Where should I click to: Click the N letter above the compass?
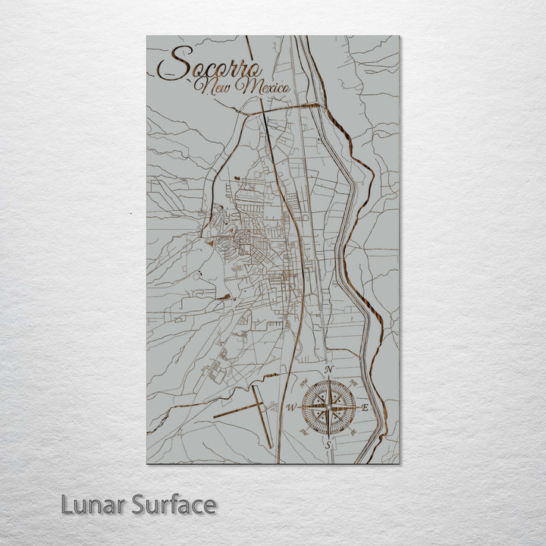click(328, 369)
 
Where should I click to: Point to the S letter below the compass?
click(328, 446)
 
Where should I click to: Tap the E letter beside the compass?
click(365, 408)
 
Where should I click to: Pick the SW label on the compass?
click(303, 432)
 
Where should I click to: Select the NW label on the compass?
click(303, 382)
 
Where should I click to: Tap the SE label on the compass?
click(353, 432)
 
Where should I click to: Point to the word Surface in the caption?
click(174, 504)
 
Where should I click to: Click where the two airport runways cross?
click(258, 406)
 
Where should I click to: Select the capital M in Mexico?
click(246, 88)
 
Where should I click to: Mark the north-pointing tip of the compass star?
click(328, 379)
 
